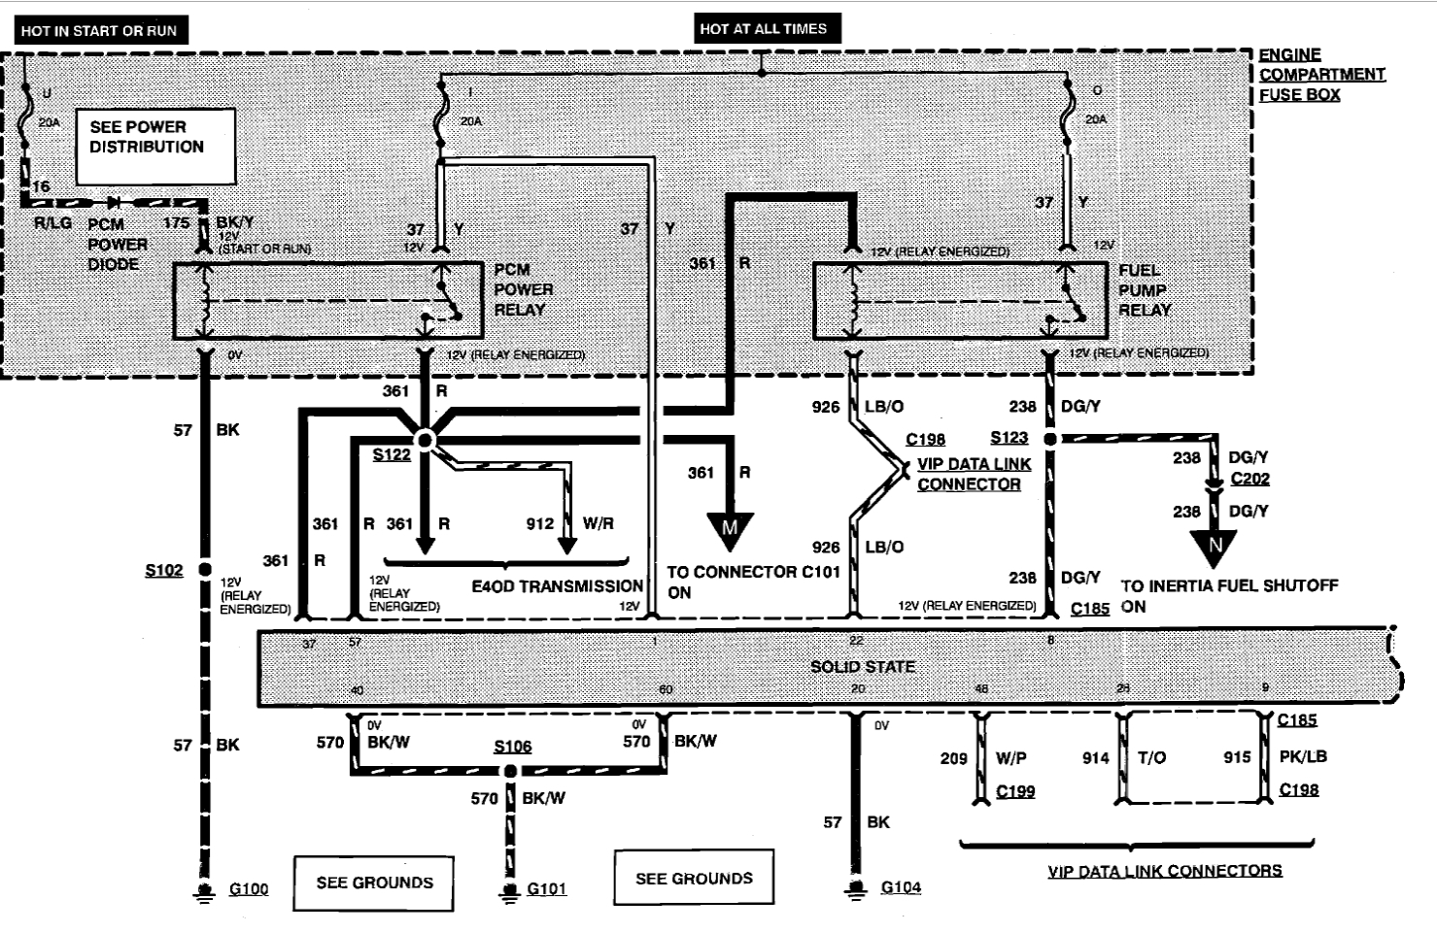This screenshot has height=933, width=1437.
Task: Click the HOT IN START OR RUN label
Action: pos(99,30)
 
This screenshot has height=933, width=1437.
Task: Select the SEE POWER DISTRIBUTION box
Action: pos(155,146)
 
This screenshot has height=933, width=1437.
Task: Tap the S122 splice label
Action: pos(392,455)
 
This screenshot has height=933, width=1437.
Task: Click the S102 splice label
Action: pos(163,570)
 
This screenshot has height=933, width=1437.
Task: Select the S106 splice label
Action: pos(512,747)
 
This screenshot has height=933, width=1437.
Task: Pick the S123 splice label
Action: pos(1009,438)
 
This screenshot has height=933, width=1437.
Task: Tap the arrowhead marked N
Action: pos(1215,546)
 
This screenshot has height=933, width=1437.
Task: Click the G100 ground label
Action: pos(248,889)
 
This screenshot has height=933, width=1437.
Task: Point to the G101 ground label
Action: pos(546,889)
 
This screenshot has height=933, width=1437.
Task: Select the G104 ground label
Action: pos(901,887)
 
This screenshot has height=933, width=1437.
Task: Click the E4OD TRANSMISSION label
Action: pos(557,586)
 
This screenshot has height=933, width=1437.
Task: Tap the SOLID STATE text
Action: pos(863,667)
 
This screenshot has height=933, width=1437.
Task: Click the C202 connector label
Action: pos(1249,479)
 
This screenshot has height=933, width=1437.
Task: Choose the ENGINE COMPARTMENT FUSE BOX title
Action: pos(1320,75)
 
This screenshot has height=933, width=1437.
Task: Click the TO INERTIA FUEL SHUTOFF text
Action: pos(1229,586)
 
